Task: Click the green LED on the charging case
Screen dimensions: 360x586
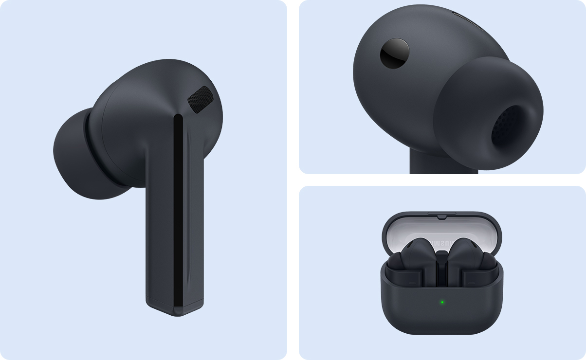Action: (442, 302)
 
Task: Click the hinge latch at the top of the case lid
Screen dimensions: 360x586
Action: (442, 214)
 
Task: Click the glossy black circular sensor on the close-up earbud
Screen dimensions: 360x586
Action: (394, 53)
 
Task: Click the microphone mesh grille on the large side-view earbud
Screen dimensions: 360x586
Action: (201, 99)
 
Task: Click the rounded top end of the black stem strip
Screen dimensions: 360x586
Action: (178, 118)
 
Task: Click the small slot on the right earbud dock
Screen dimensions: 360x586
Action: (471, 281)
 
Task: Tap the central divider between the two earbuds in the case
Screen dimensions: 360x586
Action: (442, 270)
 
